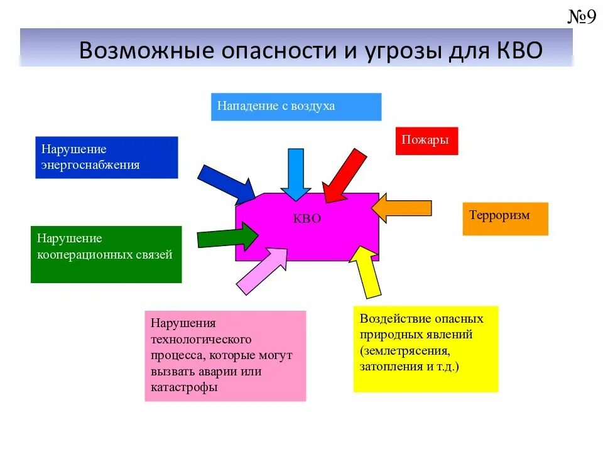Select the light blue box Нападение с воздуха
click(296, 107)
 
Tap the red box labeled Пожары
click(426, 141)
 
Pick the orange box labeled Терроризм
click(505, 218)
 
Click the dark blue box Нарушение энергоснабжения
click(106, 158)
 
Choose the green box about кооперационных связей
click(106, 254)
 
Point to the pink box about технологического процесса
click(225, 356)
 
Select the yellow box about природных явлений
click(425, 349)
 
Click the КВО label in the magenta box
click(307, 219)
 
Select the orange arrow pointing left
click(402, 208)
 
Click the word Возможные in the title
click(138, 50)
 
